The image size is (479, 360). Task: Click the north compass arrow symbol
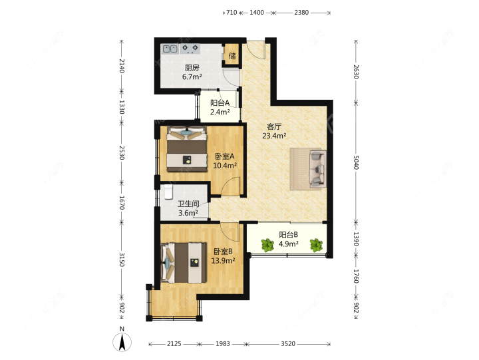pos(122,342)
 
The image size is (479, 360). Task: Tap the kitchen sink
pos(170,49)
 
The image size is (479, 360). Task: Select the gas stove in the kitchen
pos(190,49)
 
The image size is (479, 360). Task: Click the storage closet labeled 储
pos(232,55)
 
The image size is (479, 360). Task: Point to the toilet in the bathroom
pos(168,192)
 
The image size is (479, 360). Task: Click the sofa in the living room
pos(318,168)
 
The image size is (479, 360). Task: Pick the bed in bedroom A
pos(186,149)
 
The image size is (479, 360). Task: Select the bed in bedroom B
pos(184,262)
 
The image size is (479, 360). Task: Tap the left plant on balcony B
pos(267,245)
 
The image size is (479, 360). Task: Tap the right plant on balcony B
pos(316,245)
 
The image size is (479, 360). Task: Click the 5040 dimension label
pos(356,162)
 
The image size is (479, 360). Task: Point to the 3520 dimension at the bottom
pos(288,344)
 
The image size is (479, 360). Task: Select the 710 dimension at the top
pos(232,13)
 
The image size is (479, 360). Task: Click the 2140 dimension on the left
pos(122,66)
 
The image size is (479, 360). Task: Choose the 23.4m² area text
pos(274,136)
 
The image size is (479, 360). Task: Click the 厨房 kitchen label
pos(192,67)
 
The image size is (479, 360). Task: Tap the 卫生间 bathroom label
pos(188,204)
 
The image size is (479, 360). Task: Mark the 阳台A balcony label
pos(220,102)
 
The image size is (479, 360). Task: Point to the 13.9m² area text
pos(223,261)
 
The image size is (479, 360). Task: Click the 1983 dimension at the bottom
pos(223,344)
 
